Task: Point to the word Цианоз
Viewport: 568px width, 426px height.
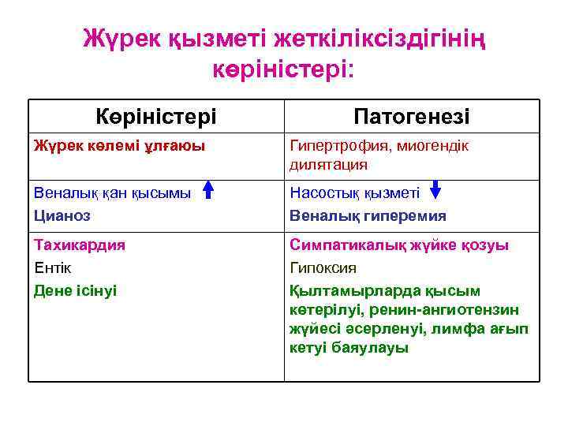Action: (62, 215)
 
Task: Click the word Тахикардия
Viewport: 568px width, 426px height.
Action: (80, 245)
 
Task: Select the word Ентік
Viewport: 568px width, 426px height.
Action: (53, 267)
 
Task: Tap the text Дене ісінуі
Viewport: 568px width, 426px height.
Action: (75, 290)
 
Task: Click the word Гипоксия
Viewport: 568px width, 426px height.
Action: (323, 267)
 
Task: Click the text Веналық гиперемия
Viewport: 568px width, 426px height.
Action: (368, 215)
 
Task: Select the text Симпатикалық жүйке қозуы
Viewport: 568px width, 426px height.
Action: (399, 245)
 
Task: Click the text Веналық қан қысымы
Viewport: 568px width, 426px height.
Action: (112, 192)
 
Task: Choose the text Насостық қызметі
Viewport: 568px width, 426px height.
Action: (355, 192)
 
